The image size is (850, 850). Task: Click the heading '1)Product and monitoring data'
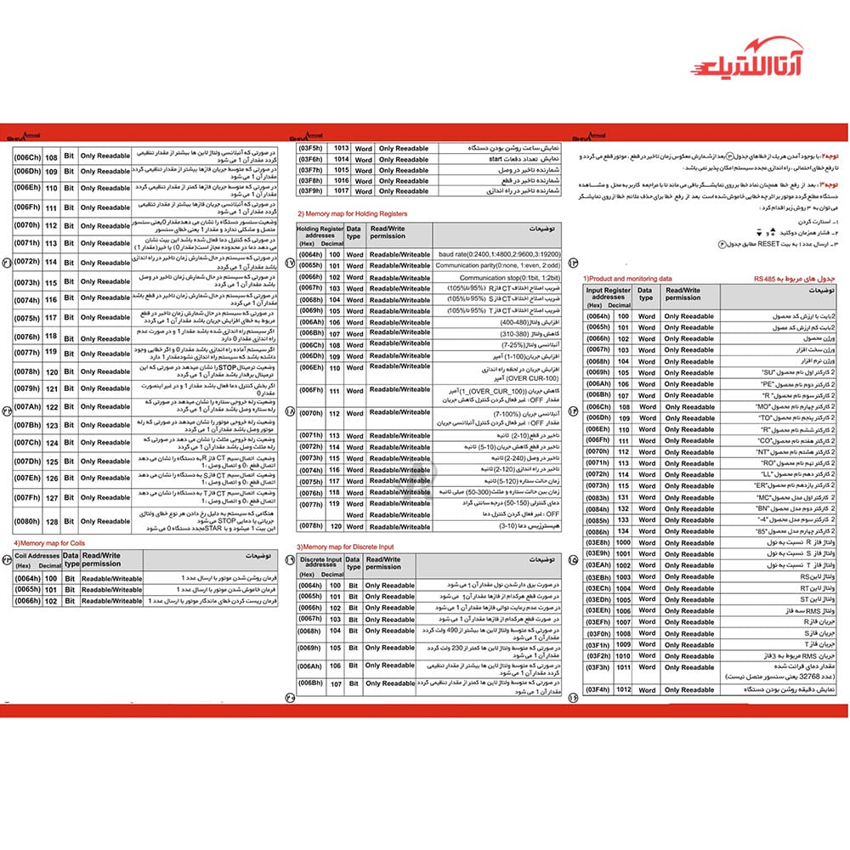pos(627,278)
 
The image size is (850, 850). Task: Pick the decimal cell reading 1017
pos(341,191)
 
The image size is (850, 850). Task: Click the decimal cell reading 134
pos(623,530)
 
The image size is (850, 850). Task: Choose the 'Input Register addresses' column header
pos(608,295)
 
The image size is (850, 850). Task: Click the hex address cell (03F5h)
pos(310,148)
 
